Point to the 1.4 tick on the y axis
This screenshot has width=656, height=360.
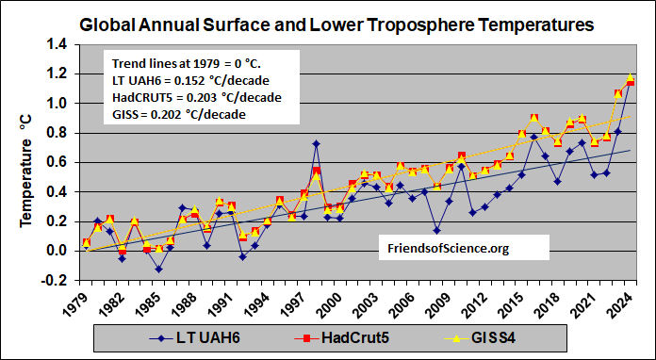(58, 44)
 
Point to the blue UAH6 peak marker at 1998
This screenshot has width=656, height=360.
(316, 144)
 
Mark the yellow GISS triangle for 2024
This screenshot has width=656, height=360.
(631, 77)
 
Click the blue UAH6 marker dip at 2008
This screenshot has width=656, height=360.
(436, 230)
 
